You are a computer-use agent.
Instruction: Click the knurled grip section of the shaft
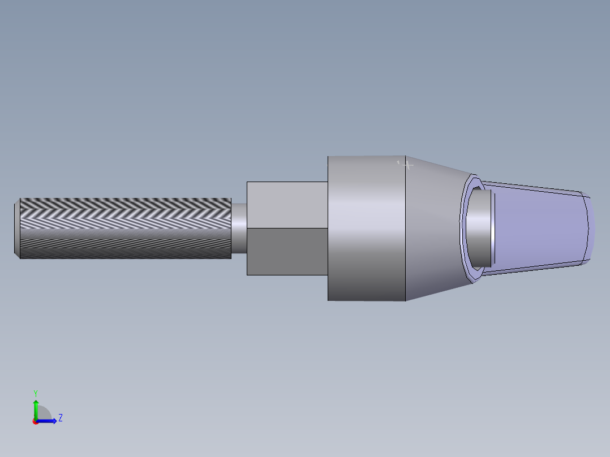(x=124, y=228)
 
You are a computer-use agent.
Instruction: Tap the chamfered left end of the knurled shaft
(x=17, y=228)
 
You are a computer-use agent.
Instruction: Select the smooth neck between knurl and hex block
(x=239, y=228)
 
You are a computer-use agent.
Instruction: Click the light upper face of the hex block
(x=287, y=205)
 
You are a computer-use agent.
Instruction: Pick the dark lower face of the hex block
(x=287, y=252)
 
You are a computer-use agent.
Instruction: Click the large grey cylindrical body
(x=366, y=228)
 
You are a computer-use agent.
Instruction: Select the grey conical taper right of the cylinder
(x=433, y=228)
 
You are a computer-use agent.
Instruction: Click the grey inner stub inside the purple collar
(x=481, y=228)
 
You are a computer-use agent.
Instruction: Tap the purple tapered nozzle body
(x=538, y=228)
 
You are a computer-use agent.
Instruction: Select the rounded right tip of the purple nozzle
(x=590, y=228)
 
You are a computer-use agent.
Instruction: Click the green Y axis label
(x=35, y=393)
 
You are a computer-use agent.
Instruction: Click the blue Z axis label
(x=60, y=418)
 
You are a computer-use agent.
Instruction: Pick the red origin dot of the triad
(x=35, y=421)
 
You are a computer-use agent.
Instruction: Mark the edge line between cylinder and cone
(x=406, y=228)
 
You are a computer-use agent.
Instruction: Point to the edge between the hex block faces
(x=287, y=228)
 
